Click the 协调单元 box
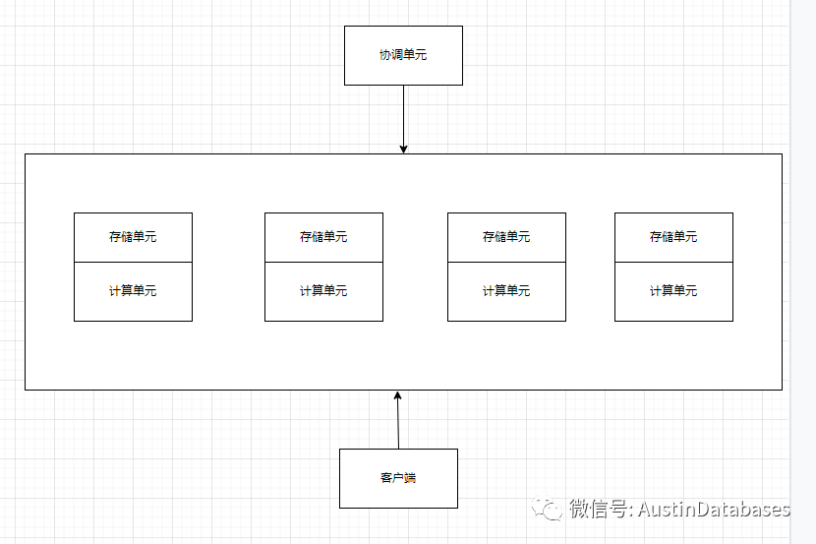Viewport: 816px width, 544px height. (403, 55)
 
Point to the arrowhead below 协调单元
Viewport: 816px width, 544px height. (403, 149)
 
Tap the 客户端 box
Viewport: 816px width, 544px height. (398, 478)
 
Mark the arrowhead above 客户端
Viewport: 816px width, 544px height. (398, 395)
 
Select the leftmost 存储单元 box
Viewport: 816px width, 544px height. (133, 237)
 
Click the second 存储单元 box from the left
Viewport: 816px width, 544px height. (323, 237)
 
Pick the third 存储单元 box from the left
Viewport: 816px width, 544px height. (506, 237)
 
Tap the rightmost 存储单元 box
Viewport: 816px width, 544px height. (673, 237)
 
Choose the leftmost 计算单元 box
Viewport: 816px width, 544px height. (133, 291)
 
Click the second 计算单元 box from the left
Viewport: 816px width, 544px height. (323, 291)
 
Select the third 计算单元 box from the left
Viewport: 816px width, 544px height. (506, 291)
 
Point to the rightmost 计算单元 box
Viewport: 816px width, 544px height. (673, 291)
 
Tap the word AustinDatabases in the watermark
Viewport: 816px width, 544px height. (715, 510)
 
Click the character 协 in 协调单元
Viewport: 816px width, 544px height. (385, 55)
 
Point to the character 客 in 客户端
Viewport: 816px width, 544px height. (385, 478)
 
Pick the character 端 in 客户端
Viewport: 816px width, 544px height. (410, 478)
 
